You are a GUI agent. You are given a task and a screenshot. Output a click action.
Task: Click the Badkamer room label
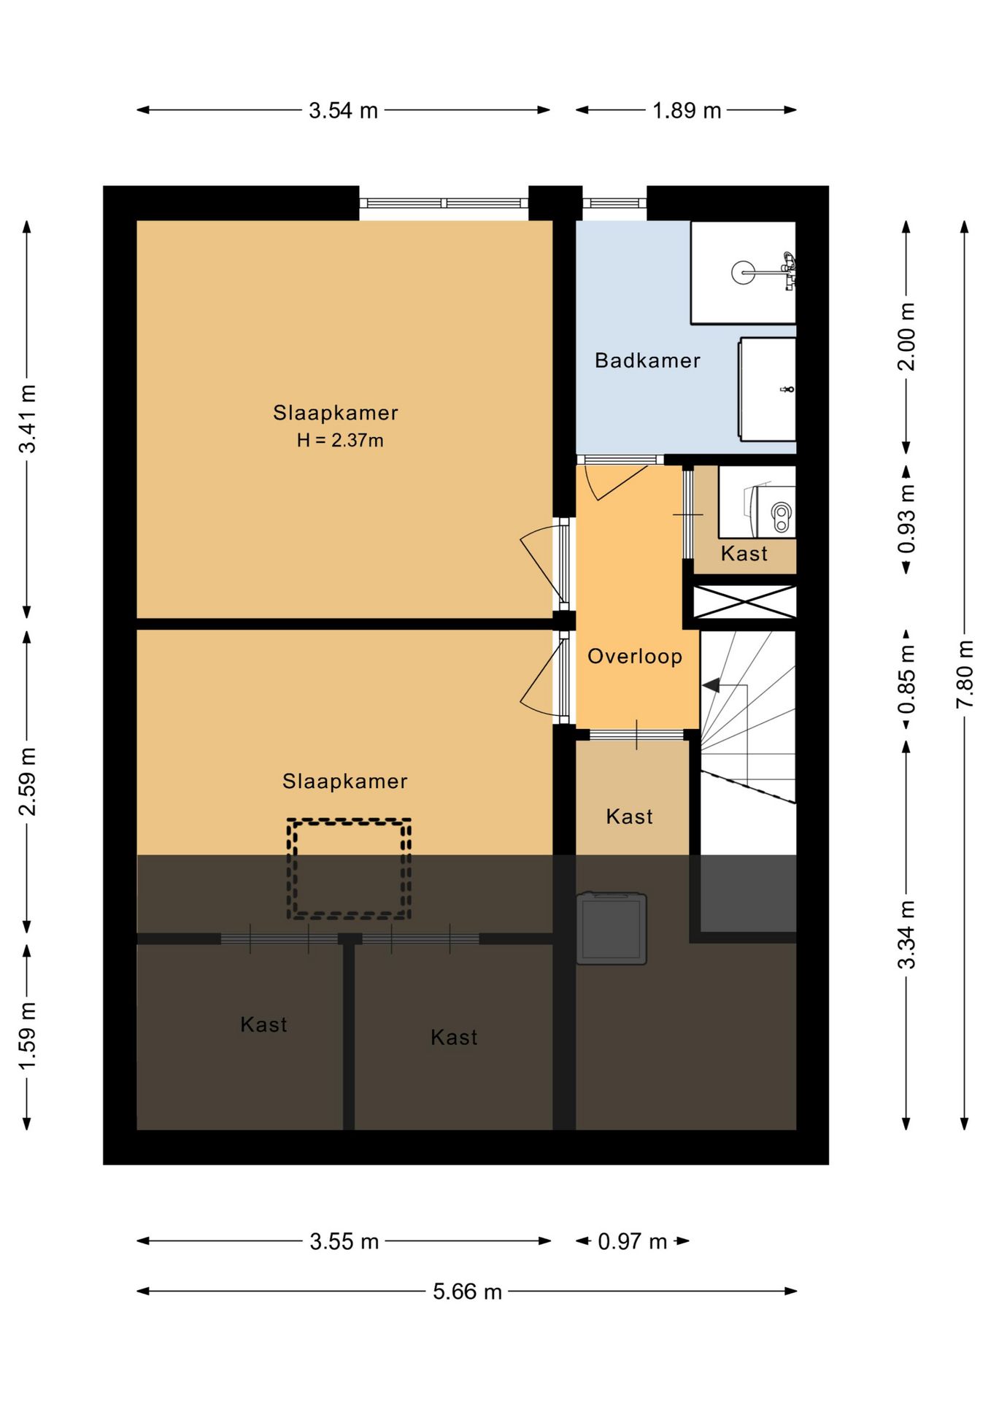647,360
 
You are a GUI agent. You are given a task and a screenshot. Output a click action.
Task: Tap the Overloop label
635,657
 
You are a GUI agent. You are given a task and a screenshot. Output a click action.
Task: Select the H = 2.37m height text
340,440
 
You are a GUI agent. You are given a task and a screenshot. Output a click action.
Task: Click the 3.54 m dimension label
343,110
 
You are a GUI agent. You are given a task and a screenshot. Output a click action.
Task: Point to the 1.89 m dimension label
687,110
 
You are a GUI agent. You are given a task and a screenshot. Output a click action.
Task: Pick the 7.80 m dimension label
965,674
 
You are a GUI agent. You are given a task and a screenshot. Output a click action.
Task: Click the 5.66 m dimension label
467,1292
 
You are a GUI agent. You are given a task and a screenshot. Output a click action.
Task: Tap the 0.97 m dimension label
633,1241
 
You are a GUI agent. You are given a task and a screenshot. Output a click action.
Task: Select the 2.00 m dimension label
906,336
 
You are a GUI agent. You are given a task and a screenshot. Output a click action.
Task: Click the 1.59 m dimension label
27,1036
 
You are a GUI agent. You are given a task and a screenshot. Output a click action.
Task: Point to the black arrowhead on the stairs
712,685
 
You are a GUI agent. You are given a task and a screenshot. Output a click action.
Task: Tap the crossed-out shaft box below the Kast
744,602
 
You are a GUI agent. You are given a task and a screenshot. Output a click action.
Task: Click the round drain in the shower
743,273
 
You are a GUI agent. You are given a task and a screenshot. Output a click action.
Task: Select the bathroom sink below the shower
767,389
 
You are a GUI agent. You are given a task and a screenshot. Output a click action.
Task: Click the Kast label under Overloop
629,817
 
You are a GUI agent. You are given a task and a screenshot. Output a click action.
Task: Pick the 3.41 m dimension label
27,419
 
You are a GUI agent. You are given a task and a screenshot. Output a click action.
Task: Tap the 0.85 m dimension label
906,679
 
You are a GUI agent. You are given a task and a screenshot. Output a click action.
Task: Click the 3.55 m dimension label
344,1241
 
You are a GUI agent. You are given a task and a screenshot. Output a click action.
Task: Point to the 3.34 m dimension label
906,935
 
